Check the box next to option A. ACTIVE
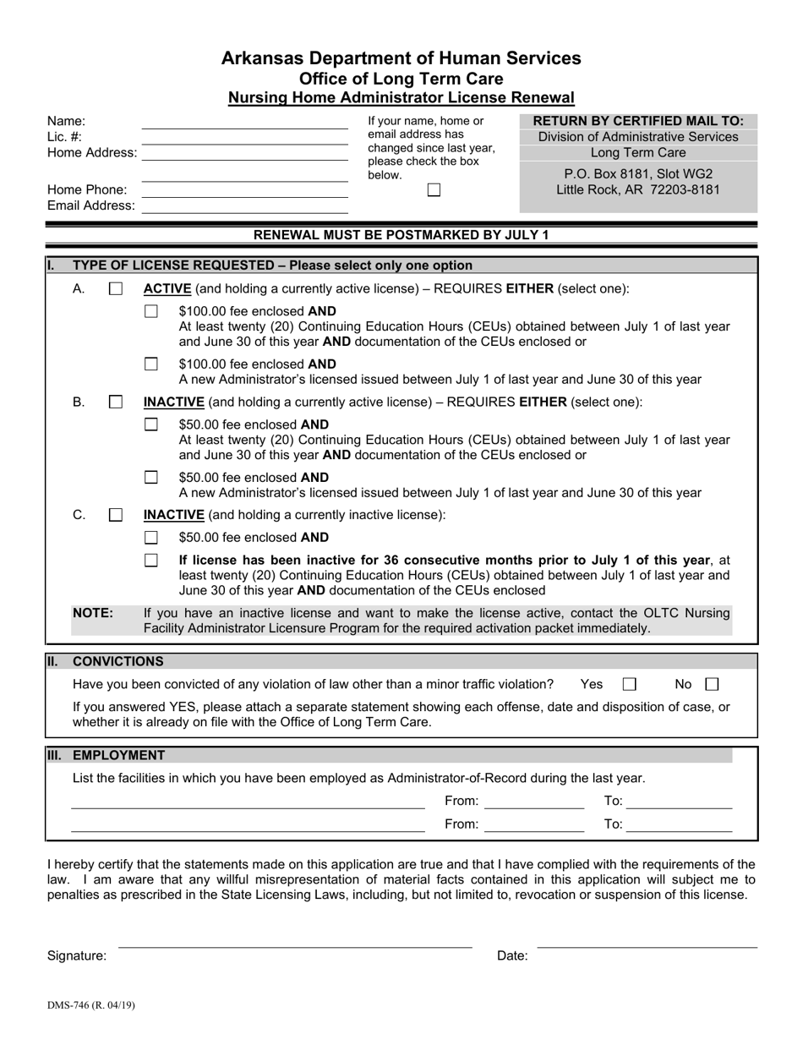[x=116, y=288]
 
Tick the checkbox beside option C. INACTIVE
[x=116, y=514]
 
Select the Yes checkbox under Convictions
[x=629, y=684]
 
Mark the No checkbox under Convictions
[x=712, y=684]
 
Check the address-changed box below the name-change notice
[x=434, y=190]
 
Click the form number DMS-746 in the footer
[x=90, y=1005]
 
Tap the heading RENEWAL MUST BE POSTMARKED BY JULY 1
[x=401, y=235]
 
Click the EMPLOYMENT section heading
[x=119, y=755]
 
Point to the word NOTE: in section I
[x=93, y=613]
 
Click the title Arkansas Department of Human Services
[x=401, y=58]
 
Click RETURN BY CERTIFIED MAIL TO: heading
[x=638, y=121]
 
